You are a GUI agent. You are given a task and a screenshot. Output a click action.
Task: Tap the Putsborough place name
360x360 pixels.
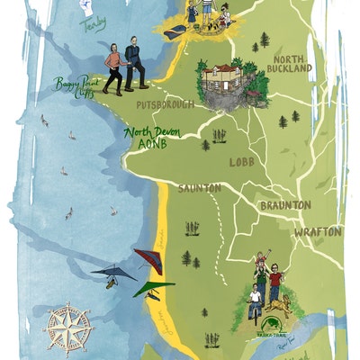pyautogui.click(x=166, y=105)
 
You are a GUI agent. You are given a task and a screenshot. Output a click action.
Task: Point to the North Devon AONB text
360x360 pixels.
pyautogui.click(x=152, y=137)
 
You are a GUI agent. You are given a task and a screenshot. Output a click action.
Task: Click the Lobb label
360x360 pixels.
pyautogui.click(x=242, y=162)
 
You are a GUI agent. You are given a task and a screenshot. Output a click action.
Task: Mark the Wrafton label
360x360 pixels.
pyautogui.click(x=317, y=231)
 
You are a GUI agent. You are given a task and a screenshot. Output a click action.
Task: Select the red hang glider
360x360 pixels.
pyautogui.click(x=147, y=260)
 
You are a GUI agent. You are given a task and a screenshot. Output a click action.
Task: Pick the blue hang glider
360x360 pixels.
pyautogui.click(x=112, y=274)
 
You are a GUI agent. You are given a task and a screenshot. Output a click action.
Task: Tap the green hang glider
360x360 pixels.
pyautogui.click(x=153, y=289)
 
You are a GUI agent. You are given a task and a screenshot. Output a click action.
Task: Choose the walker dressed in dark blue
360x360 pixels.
pyautogui.click(x=135, y=63)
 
